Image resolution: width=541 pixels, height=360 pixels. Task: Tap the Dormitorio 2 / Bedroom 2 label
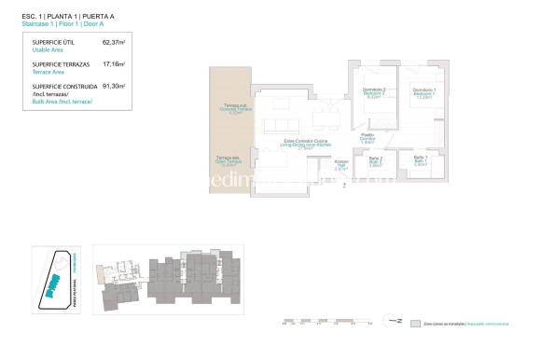(x=374, y=92)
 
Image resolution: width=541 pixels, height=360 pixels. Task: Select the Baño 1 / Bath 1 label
(x=420, y=160)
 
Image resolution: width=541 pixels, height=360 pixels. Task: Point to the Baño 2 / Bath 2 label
(x=375, y=160)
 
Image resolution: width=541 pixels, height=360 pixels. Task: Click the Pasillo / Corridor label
(x=368, y=138)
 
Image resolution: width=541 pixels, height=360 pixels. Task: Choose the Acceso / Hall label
(x=340, y=164)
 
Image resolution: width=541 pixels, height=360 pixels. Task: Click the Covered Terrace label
(x=229, y=108)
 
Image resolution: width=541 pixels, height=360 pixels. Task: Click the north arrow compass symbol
(x=397, y=323)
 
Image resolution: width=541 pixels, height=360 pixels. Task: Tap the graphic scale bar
(x=326, y=323)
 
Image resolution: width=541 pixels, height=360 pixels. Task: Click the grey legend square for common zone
(x=416, y=323)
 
